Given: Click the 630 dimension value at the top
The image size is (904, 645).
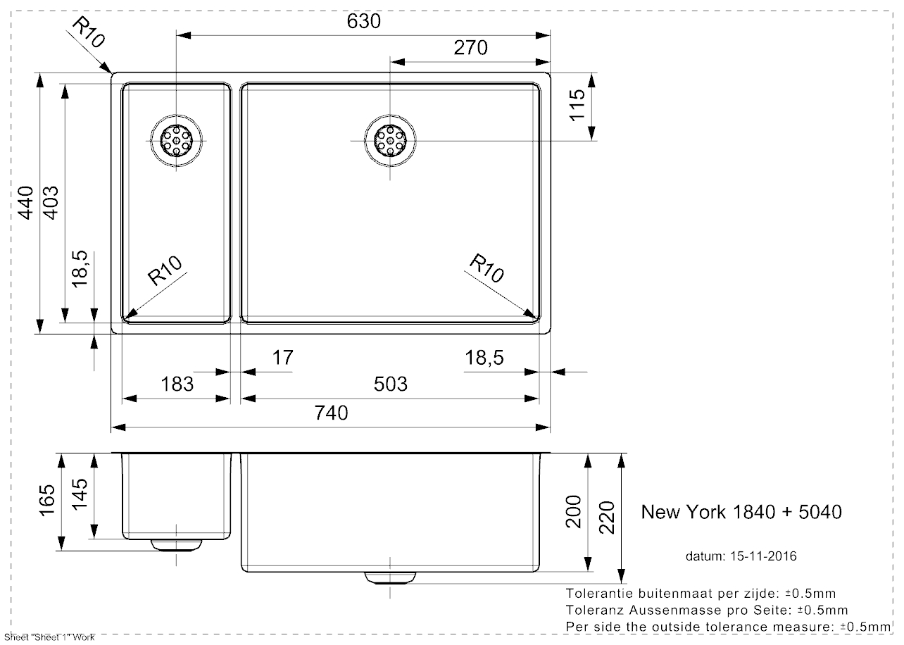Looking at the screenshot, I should pyautogui.click(x=363, y=22).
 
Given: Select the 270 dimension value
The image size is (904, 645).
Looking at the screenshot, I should pyautogui.click(x=470, y=48).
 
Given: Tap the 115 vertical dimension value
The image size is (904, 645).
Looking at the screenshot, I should pyautogui.click(x=577, y=105).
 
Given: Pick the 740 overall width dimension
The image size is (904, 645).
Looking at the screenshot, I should pyautogui.click(x=331, y=413).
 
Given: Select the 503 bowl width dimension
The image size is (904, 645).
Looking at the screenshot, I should pyautogui.click(x=390, y=384).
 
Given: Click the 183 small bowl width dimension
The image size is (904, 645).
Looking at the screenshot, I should pyautogui.click(x=177, y=384).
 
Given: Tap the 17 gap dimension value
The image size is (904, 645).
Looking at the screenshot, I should pyautogui.click(x=282, y=358).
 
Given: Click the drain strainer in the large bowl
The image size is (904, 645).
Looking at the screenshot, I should pyautogui.click(x=390, y=140).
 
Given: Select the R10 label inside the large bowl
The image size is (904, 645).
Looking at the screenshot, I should pyautogui.click(x=487, y=269).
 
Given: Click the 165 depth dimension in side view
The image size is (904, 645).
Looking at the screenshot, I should pyautogui.click(x=47, y=501).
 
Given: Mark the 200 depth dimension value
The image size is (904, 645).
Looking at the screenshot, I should pyautogui.click(x=573, y=512).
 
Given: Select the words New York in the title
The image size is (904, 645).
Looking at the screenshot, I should pyautogui.click(x=682, y=512).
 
